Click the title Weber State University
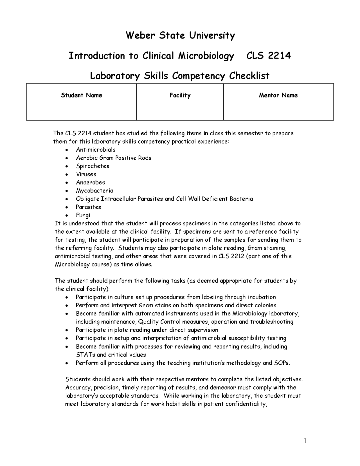click(x=180, y=35)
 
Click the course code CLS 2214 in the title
click(x=268, y=55)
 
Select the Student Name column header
click(x=82, y=95)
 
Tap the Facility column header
click(x=180, y=95)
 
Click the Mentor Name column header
click(x=278, y=95)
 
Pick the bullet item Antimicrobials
click(x=96, y=150)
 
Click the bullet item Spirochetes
click(x=93, y=166)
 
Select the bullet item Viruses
click(x=86, y=174)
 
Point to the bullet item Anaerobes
click(x=90, y=182)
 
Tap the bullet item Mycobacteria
click(x=94, y=191)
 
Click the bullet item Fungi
click(x=83, y=215)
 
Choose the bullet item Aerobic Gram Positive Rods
click(x=114, y=158)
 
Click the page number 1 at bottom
click(x=305, y=441)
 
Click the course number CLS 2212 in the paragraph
click(x=231, y=256)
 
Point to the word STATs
click(x=85, y=355)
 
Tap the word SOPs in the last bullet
click(x=282, y=363)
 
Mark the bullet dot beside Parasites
click(x=66, y=207)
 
